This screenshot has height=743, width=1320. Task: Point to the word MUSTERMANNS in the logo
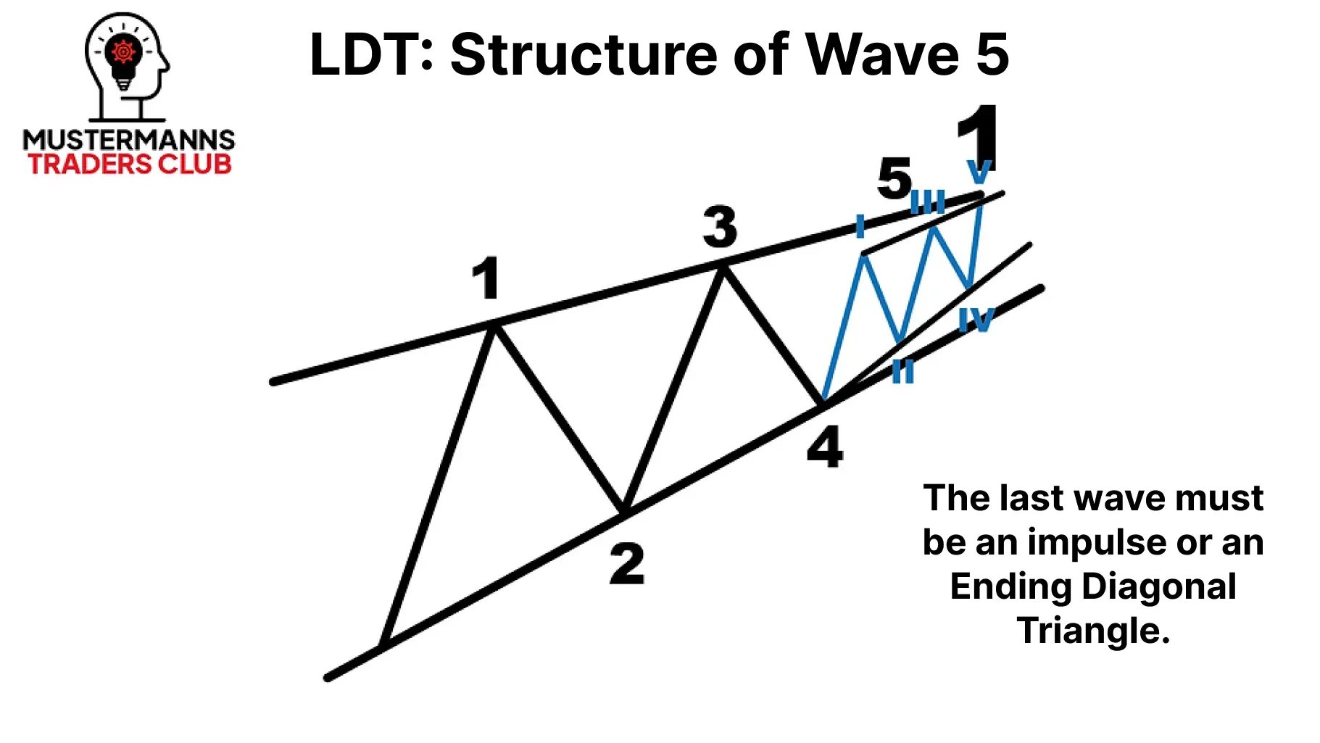point(129,139)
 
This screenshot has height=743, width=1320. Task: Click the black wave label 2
point(627,563)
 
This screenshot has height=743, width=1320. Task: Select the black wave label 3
point(720,227)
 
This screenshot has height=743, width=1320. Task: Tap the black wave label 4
point(826,447)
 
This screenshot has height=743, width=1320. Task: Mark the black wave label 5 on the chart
point(894,178)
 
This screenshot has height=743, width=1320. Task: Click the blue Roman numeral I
point(860,226)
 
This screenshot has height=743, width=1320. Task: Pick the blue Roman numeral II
point(902,371)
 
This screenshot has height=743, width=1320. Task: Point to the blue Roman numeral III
point(929,202)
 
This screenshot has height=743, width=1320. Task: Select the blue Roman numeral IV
point(976,319)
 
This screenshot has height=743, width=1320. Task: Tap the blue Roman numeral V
point(979,172)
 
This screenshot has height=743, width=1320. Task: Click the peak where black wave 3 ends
point(722,267)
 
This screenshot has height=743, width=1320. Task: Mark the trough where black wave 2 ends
point(623,512)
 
